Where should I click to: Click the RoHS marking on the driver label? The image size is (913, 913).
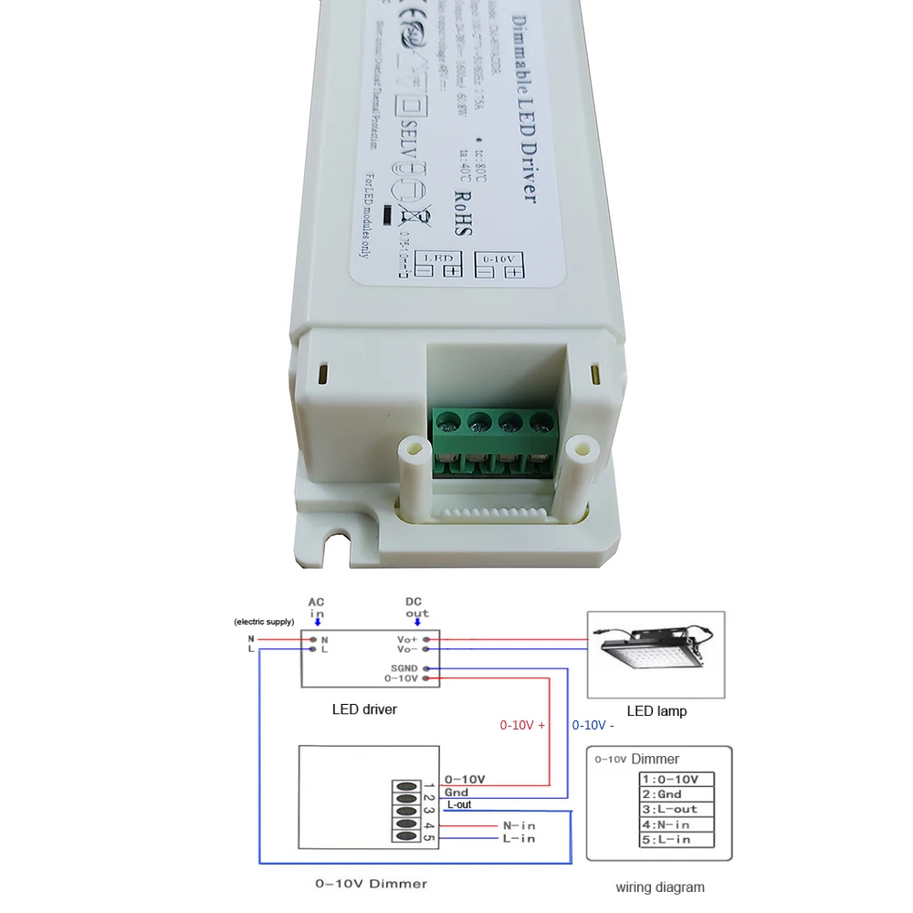(462, 214)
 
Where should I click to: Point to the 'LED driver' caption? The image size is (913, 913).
(364, 708)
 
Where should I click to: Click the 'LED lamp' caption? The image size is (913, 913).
(656, 710)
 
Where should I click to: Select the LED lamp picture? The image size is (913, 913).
(656, 654)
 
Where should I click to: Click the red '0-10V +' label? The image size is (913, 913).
(522, 725)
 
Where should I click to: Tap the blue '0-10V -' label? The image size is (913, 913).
(593, 725)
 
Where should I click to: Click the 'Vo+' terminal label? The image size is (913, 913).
(407, 639)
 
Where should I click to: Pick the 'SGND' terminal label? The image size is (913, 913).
(403, 668)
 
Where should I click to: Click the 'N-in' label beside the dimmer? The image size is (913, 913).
(519, 824)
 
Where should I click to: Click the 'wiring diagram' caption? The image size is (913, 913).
(659, 887)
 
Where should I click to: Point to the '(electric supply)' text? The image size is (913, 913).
(265, 622)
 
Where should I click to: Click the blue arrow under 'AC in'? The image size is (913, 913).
(317, 623)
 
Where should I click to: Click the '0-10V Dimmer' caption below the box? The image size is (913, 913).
(371, 883)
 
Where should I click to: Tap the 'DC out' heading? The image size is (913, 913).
(417, 607)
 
